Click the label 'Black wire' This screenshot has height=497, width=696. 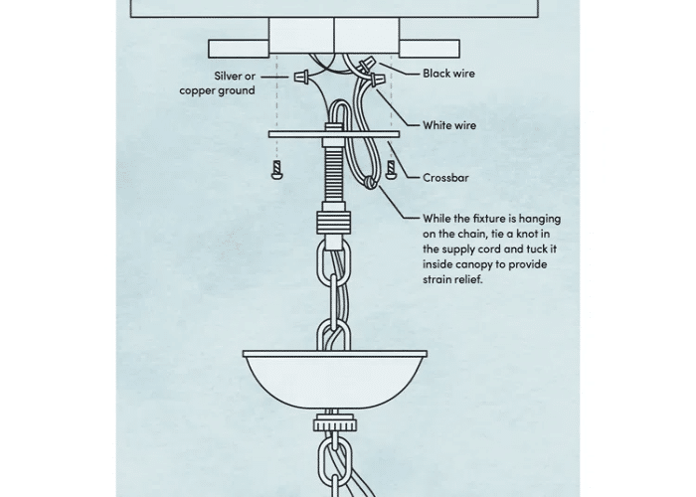(x=448, y=74)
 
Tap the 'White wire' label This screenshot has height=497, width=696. (x=448, y=125)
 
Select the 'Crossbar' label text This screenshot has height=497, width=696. (x=445, y=178)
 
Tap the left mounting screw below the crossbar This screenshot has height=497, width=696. (x=275, y=168)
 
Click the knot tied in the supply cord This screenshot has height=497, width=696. (x=370, y=184)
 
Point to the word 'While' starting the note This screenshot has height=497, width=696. (x=438, y=219)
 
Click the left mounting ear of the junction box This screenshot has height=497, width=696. (x=238, y=48)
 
